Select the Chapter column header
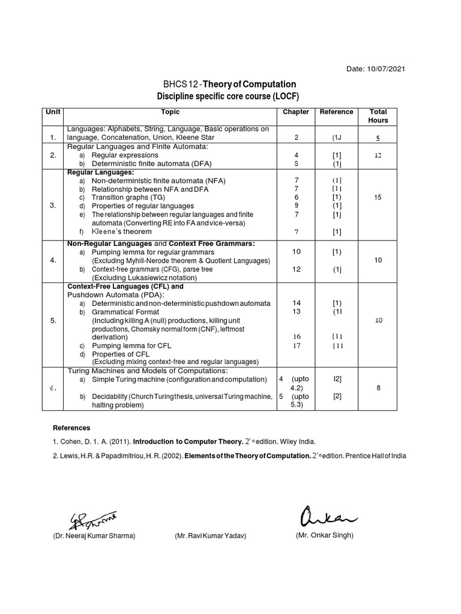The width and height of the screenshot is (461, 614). (295, 112)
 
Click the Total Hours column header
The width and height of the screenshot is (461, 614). (378, 116)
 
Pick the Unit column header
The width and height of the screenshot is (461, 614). (53, 112)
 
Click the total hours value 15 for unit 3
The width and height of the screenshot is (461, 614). (378, 197)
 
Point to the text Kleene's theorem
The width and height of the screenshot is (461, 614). (121, 231)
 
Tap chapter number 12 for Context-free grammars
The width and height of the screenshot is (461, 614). (296, 269)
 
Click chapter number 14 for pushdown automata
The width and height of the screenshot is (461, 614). (296, 303)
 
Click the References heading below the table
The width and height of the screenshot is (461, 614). (71, 428)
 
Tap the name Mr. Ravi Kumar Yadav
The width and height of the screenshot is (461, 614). (211, 535)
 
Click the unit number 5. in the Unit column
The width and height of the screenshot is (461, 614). (53, 321)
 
